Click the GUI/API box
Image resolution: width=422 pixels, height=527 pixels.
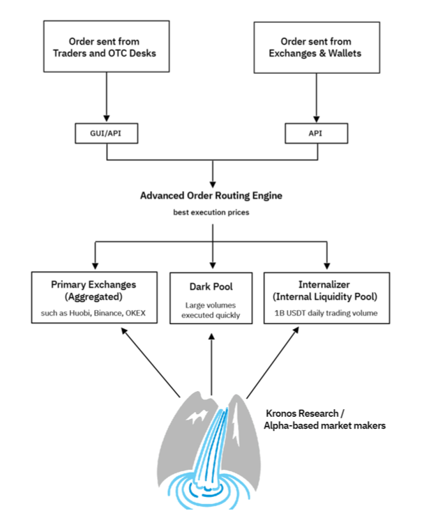106,133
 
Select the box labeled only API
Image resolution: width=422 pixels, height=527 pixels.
317,133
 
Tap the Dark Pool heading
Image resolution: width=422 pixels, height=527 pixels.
211,287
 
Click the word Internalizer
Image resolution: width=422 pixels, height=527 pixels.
324,284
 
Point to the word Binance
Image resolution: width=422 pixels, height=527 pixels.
107,313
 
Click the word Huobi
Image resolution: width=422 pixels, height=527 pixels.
80,313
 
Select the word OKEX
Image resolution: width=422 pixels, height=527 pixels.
135,313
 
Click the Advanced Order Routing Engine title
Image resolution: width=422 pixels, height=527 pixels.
211,196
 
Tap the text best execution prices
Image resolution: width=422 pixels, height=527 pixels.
211,213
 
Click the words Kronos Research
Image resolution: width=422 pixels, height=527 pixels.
302,413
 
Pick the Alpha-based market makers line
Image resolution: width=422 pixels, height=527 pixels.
324,425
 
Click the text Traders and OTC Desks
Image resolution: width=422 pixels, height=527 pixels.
105,54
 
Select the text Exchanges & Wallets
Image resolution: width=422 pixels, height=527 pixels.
315,54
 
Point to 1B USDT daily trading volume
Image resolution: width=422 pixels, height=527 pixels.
326,313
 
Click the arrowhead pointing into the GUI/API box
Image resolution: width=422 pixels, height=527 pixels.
107,119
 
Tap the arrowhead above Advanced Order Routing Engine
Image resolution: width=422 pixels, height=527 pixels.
213,185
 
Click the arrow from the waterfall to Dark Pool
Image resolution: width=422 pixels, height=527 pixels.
211,364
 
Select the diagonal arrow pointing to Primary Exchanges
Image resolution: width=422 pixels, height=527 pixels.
151,362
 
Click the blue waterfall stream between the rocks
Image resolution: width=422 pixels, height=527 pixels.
213,447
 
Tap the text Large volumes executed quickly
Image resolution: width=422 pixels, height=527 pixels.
211,310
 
